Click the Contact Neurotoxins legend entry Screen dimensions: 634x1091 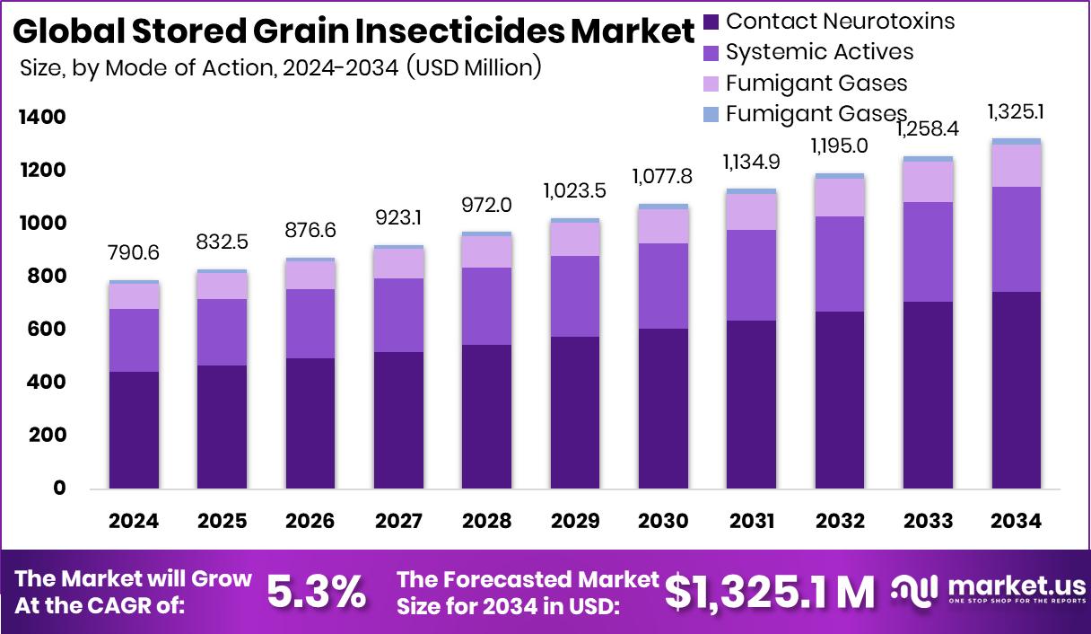(840, 21)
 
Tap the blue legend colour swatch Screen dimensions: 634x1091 (711, 114)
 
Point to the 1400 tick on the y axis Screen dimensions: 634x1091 (41, 118)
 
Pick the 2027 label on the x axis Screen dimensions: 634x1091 (397, 522)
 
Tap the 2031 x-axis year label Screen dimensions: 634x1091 (751, 522)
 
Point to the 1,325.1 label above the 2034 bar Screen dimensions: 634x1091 (1017, 112)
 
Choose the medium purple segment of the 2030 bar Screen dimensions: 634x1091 (663, 286)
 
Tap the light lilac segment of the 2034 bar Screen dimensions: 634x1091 (1017, 165)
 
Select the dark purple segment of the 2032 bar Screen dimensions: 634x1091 (840, 400)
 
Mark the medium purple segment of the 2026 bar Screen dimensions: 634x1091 (310, 323)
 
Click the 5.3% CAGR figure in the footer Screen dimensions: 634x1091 (317, 592)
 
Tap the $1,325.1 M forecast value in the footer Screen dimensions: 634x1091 (769, 591)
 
